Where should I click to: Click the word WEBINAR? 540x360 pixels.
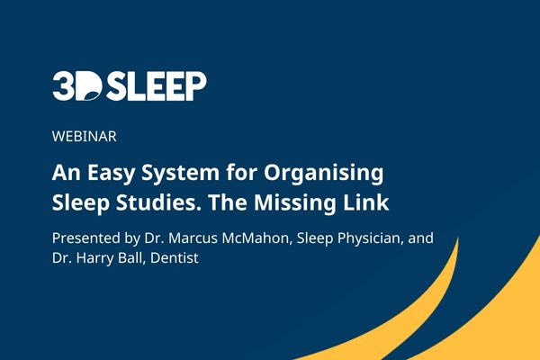point(85,137)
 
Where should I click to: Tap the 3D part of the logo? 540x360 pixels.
point(77,86)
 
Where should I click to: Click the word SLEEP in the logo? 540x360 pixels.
point(156,86)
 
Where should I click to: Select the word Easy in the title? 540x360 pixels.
point(110,174)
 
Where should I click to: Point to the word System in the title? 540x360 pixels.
point(181,174)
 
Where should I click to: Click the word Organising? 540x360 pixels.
point(324,174)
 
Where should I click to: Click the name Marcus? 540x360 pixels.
point(193,238)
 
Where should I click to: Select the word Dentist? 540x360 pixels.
point(175,257)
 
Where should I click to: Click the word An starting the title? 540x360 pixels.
point(66,173)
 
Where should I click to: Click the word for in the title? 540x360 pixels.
point(242,172)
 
